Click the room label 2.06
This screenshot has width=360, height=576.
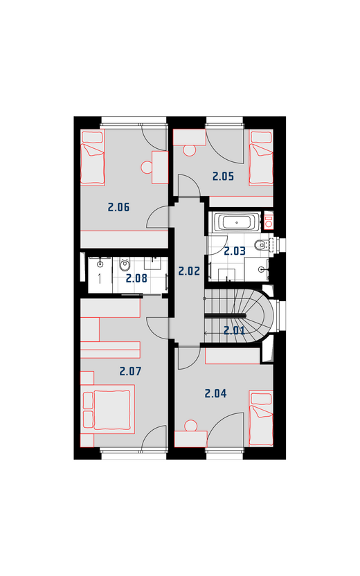(x=118, y=207)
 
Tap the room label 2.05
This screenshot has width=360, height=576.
(x=223, y=177)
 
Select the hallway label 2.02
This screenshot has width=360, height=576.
(x=189, y=271)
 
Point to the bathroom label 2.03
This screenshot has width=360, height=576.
(x=235, y=251)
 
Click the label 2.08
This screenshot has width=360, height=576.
(x=136, y=278)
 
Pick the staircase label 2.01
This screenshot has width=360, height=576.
(x=234, y=331)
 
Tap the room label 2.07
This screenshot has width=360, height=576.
(x=130, y=371)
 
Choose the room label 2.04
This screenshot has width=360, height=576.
(x=215, y=394)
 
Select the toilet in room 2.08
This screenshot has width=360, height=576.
(x=125, y=264)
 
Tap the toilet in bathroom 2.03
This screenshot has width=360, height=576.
(x=260, y=244)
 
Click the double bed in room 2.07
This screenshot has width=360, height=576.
(x=107, y=409)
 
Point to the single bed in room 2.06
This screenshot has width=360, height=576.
(x=93, y=157)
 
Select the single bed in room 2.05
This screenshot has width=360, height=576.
(x=261, y=157)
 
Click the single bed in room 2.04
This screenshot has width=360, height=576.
(x=261, y=418)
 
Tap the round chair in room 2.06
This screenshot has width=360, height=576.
(x=147, y=168)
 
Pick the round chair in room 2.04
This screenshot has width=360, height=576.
(x=190, y=426)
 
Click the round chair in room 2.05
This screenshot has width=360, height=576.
(x=189, y=151)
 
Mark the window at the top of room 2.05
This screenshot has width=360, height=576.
(x=224, y=122)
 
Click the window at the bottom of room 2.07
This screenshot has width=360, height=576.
(x=134, y=453)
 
